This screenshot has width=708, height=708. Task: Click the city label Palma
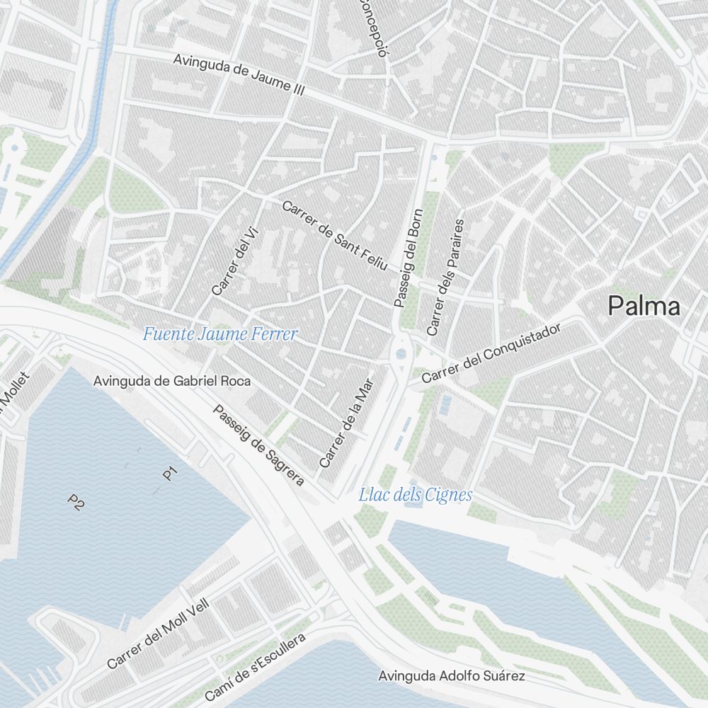[x=644, y=306]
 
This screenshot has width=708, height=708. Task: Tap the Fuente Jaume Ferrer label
[x=220, y=334]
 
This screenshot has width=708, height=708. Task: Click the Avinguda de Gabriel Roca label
[x=172, y=381]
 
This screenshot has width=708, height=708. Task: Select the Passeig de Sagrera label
[x=258, y=445]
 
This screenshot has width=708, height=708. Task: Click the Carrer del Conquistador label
[x=491, y=353]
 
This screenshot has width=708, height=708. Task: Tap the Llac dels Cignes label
[x=415, y=495]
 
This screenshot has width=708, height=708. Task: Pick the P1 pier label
[x=170, y=474]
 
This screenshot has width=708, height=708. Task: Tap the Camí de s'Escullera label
[x=255, y=667]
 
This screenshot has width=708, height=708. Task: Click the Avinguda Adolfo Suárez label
[x=452, y=676]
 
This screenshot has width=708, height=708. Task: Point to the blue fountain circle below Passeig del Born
[x=402, y=352]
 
